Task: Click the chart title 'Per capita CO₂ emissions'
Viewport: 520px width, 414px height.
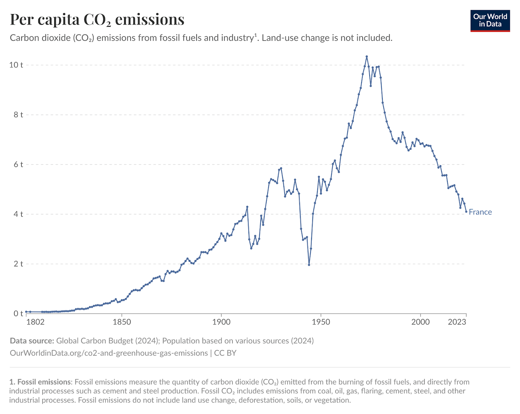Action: click(97, 20)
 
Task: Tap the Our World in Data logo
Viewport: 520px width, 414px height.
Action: click(490, 21)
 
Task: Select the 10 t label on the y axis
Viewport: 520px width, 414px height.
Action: click(16, 65)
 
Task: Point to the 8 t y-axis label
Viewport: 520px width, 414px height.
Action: click(18, 114)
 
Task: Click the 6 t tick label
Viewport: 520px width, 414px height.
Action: click(18, 164)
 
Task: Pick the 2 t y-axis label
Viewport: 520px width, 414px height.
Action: click(18, 264)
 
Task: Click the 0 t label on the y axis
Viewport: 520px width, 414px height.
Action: click(18, 314)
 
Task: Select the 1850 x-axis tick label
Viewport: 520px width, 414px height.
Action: click(122, 322)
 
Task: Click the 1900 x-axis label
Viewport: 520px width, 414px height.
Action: click(221, 322)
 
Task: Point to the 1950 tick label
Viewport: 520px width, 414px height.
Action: click(321, 322)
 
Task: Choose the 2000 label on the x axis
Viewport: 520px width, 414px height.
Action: click(420, 322)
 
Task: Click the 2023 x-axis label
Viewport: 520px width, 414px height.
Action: click(457, 322)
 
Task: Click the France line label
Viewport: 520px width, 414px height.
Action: click(480, 212)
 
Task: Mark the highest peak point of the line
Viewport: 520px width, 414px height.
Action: click(367, 57)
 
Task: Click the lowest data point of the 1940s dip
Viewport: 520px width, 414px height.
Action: click(309, 265)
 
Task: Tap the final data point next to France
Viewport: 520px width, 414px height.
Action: click(466, 212)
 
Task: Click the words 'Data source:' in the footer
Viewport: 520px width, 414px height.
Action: click(32, 341)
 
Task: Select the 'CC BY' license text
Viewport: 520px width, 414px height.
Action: click(225, 353)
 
